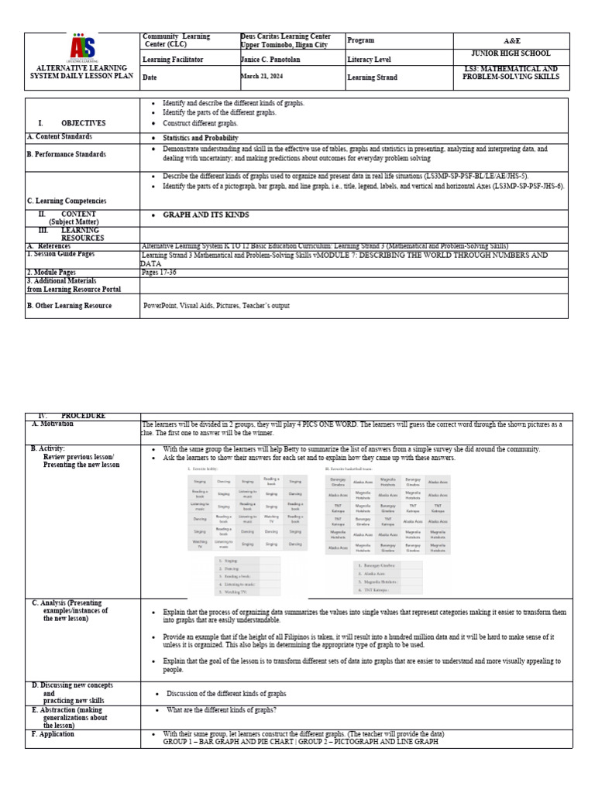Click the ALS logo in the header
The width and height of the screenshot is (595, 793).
[x=83, y=48]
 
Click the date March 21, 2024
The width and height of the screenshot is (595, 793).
[x=266, y=77]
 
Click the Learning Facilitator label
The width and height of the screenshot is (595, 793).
[x=173, y=59]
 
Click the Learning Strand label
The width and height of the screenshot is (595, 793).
[x=373, y=77]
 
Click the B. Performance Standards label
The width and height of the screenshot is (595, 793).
[x=67, y=155]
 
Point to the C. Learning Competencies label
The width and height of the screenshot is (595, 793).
[x=67, y=201]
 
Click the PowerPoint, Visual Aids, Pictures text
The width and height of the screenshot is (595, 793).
[x=216, y=306]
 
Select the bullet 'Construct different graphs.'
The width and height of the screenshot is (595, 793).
[x=205, y=123]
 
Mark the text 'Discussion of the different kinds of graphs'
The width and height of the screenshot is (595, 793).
[x=226, y=694]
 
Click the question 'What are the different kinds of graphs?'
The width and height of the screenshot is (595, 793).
[x=222, y=710]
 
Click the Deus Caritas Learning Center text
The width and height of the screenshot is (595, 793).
[x=285, y=36]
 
